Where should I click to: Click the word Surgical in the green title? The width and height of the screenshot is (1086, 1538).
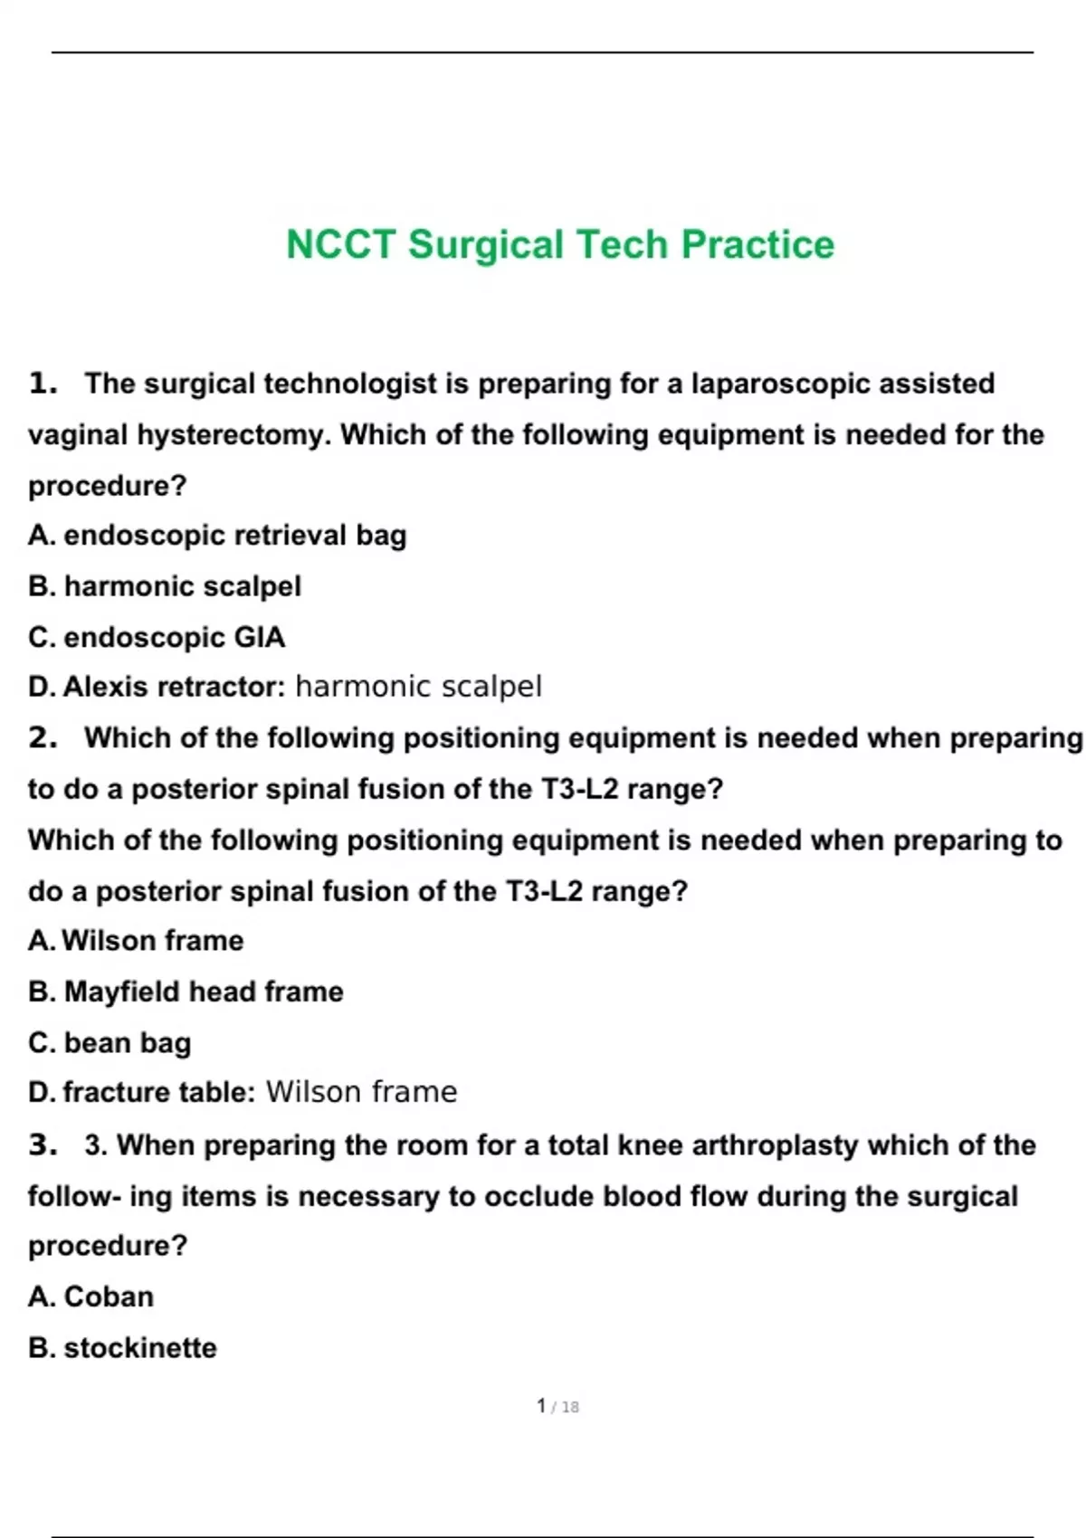click(x=485, y=245)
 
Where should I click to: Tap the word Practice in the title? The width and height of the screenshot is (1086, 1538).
click(x=757, y=245)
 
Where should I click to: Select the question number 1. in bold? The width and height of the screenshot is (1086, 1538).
click(x=43, y=384)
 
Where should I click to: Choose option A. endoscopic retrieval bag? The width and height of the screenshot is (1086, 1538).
click(x=217, y=536)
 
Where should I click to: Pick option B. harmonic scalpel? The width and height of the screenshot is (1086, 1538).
click(x=165, y=586)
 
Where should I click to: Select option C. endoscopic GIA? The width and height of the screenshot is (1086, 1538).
click(x=157, y=638)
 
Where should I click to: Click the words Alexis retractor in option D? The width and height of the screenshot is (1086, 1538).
click(x=173, y=688)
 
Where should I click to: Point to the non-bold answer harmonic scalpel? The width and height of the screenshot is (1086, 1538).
click(x=418, y=688)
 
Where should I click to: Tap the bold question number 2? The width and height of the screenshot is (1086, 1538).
click(x=43, y=738)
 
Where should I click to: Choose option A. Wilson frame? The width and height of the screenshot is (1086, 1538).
click(x=136, y=941)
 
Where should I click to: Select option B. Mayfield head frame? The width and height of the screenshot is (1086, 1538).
click(x=186, y=992)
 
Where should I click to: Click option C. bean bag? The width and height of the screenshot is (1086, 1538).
click(x=110, y=1043)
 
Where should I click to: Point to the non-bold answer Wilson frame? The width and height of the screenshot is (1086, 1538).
click(x=361, y=1093)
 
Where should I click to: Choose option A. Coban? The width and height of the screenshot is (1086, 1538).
click(x=90, y=1297)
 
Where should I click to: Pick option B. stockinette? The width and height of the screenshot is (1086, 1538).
click(x=122, y=1348)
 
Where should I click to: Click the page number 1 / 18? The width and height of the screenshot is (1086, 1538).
click(x=557, y=1407)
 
